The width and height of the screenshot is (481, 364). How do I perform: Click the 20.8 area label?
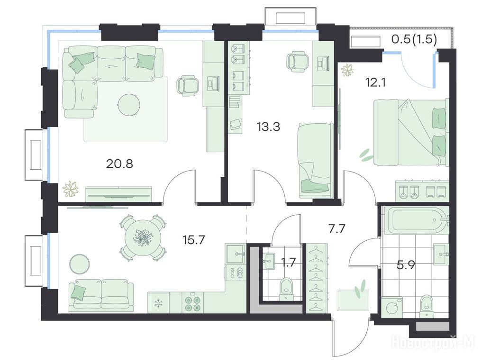click(x=119, y=164)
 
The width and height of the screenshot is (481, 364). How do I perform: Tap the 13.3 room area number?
click(x=268, y=127)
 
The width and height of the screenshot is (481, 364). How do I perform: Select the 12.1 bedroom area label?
click(x=375, y=82)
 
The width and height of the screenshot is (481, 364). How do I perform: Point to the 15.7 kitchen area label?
click(x=193, y=240)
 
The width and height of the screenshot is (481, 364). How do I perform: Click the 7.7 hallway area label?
click(x=337, y=228)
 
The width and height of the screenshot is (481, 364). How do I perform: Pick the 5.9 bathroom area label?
click(x=406, y=264)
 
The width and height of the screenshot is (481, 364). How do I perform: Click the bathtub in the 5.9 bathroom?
click(x=415, y=220)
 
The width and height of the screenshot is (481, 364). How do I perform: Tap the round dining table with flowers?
click(x=143, y=238)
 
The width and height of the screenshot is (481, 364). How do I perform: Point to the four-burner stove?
click(x=192, y=302)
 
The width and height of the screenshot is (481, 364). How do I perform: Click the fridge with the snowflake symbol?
click(x=158, y=303)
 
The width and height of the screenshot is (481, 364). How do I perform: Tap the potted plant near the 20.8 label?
click(x=71, y=189)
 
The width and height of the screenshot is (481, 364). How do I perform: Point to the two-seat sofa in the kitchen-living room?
click(x=101, y=296)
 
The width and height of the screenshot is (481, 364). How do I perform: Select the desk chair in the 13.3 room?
click(x=297, y=61)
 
